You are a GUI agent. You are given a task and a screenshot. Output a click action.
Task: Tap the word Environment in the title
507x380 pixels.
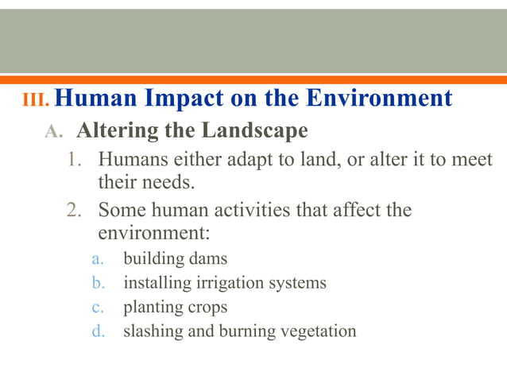coord(380,99)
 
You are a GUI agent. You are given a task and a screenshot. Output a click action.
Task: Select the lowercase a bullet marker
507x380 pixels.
coord(98,259)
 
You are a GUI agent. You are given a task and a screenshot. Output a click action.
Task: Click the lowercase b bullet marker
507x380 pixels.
coord(98,283)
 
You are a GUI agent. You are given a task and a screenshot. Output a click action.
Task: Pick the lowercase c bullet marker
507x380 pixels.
coord(98,307)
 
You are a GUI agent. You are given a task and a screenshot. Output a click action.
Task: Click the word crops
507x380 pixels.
coord(207,307)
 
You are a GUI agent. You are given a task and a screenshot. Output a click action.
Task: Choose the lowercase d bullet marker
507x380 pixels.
coord(98,331)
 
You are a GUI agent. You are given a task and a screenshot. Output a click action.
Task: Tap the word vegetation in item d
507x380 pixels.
coord(318,331)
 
